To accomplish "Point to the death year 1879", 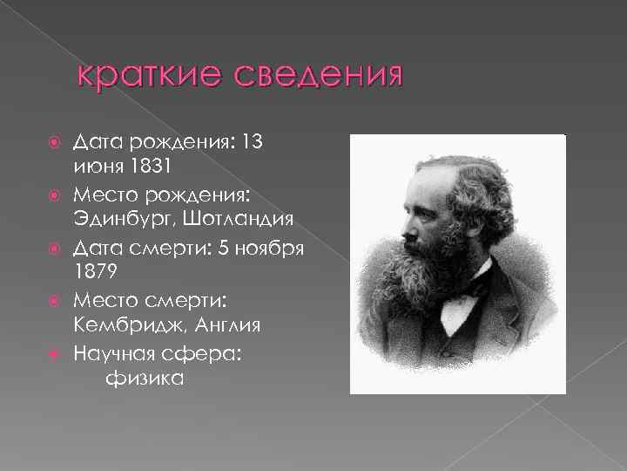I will [x=94, y=271].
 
